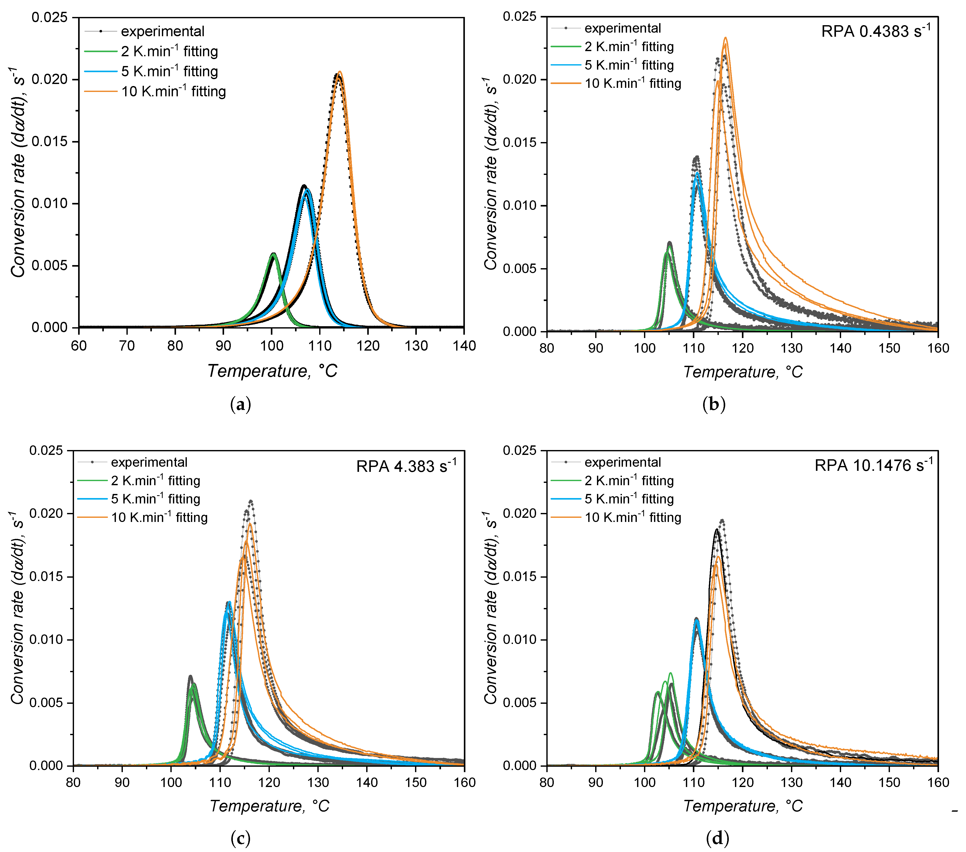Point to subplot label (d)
(717, 838)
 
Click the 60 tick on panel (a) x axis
(79, 346)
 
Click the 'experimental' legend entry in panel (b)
(622, 28)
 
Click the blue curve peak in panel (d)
(696, 620)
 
